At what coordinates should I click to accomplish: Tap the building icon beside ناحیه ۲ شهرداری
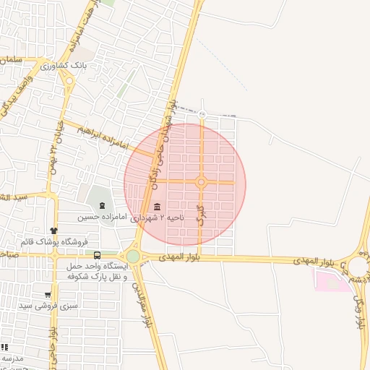(158, 207)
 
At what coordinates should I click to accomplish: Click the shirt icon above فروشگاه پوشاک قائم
(53, 231)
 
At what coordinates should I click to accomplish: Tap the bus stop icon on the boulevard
(97, 255)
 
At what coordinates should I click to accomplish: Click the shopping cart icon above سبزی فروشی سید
(48, 295)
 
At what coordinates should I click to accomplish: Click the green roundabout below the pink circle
(133, 256)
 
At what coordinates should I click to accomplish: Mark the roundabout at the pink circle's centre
(201, 182)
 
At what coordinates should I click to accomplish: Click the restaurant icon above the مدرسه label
(4, 347)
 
